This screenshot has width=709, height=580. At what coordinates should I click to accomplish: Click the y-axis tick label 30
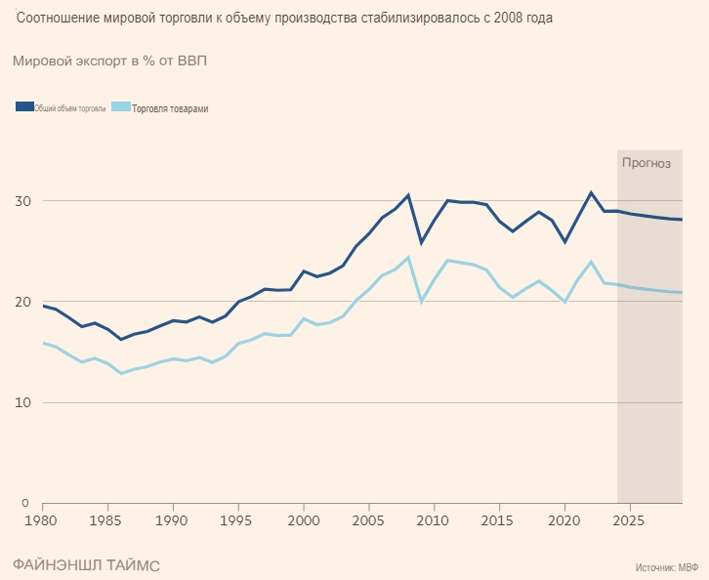click(x=22, y=201)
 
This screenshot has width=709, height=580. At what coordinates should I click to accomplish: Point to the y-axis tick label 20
click(x=22, y=302)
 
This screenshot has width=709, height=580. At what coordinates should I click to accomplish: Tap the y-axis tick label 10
click(x=22, y=402)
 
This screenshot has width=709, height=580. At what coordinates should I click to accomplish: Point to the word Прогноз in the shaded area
click(x=646, y=163)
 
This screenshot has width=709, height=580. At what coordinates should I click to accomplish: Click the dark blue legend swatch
click(x=24, y=107)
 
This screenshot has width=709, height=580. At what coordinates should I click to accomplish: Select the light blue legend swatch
click(x=121, y=107)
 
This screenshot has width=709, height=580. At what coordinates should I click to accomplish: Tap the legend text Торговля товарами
click(x=170, y=108)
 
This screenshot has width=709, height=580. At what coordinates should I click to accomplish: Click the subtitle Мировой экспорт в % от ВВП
click(x=109, y=61)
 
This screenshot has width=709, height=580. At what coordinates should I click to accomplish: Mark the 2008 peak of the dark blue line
click(x=408, y=195)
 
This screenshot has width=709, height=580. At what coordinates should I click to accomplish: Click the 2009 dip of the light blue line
click(x=421, y=302)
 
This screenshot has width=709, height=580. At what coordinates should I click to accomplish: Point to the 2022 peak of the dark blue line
click(x=591, y=192)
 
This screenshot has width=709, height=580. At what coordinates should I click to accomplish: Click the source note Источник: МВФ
click(x=666, y=565)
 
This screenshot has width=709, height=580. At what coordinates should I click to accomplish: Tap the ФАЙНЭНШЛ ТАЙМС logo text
click(x=86, y=565)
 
